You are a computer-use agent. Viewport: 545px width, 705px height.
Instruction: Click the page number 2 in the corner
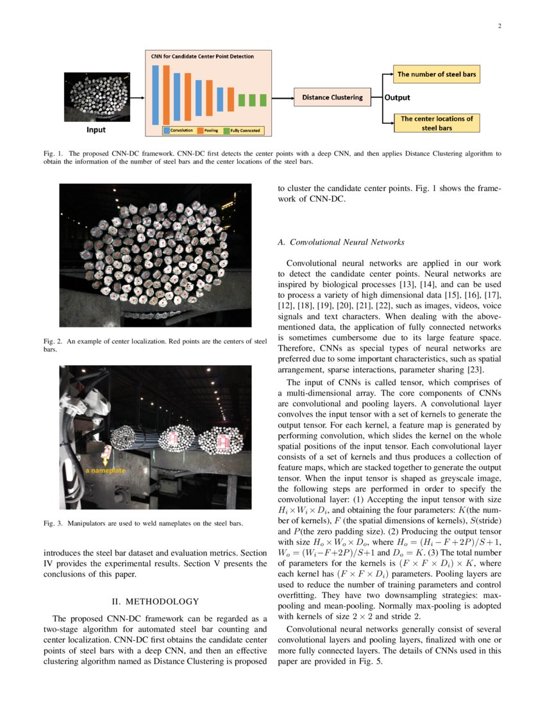point(498,26)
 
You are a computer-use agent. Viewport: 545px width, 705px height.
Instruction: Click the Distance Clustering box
point(332,97)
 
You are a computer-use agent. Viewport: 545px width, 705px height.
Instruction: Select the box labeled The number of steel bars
point(436,74)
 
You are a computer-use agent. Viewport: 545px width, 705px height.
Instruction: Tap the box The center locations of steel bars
point(436,122)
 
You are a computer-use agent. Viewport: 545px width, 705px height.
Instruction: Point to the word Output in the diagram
point(397,98)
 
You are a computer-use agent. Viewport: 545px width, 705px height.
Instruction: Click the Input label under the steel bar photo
point(96,130)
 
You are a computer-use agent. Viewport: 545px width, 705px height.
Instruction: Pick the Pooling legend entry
point(210,130)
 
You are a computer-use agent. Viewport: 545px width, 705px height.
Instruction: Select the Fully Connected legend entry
point(242,130)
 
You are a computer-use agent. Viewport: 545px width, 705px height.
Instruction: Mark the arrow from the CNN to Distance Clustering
point(283,97)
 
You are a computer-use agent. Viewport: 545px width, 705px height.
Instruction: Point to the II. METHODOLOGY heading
point(156,601)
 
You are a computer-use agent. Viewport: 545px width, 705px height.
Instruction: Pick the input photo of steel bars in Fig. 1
point(97,97)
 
